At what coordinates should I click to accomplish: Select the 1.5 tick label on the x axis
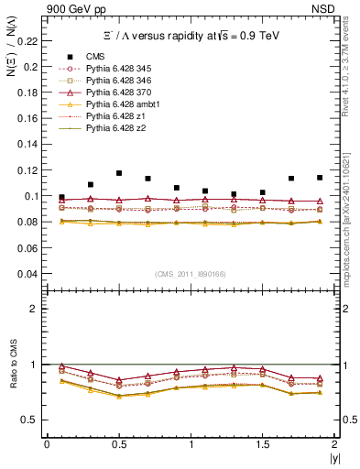(262, 444)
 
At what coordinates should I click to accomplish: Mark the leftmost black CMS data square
(61, 197)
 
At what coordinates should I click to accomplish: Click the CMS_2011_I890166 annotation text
(190, 274)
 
